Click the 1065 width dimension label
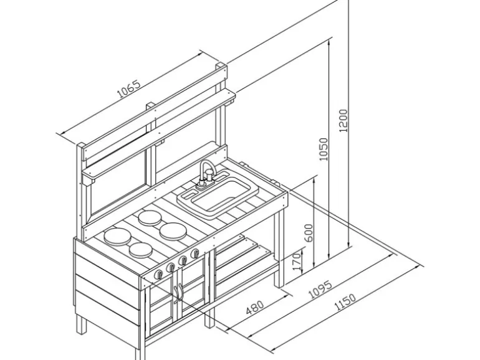[128, 89]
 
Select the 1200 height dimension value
[343, 120]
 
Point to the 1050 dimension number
[324, 149]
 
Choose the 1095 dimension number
[320, 289]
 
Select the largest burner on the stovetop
[117, 236]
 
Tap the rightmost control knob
[194, 253]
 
